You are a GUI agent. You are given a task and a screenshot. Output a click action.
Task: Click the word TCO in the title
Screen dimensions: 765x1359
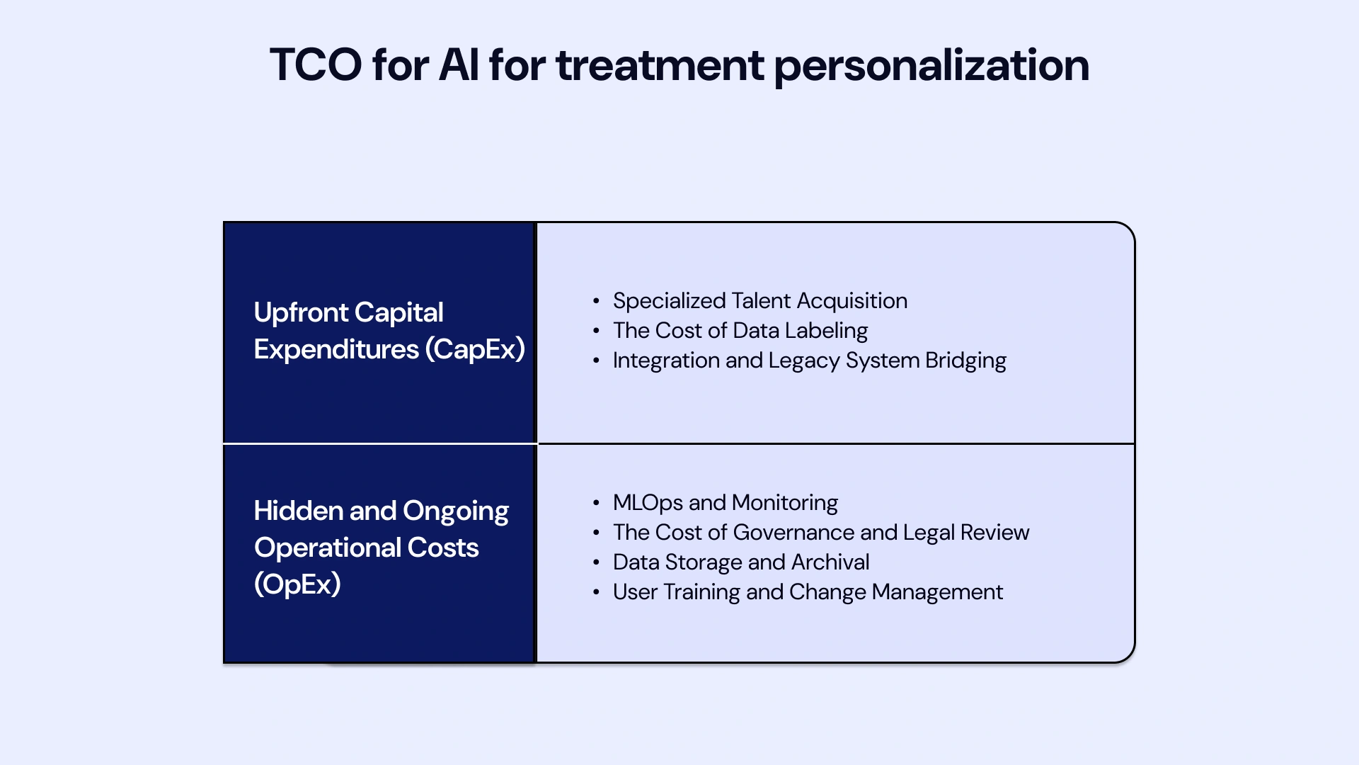pos(316,65)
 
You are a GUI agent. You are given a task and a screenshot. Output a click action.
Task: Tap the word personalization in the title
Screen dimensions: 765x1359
pos(931,65)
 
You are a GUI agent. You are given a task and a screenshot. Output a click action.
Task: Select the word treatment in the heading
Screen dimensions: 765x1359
pos(659,65)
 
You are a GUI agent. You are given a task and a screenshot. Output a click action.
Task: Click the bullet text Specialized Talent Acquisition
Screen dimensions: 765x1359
pos(759,301)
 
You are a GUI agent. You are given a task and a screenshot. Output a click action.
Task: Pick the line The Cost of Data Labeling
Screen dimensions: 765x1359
pos(740,331)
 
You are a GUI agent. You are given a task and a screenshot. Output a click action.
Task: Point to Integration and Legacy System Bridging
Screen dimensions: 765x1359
pos(809,361)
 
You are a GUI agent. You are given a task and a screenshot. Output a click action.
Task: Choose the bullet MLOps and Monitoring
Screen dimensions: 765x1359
pos(725,503)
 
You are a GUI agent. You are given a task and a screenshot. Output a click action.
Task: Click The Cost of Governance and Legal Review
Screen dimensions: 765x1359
pos(820,533)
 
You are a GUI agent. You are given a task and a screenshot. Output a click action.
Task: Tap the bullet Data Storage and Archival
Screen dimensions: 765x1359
pos(740,562)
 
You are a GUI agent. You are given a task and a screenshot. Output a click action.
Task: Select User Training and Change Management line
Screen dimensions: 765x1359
pos(808,592)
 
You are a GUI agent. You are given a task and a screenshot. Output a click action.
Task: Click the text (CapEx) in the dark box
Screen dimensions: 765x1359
pos(475,349)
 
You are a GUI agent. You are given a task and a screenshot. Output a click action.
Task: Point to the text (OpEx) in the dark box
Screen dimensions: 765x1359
pos(297,584)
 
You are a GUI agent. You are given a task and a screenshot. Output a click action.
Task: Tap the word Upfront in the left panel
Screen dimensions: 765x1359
pos(301,312)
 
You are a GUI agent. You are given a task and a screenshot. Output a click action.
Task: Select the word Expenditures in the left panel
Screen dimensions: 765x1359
pos(336,349)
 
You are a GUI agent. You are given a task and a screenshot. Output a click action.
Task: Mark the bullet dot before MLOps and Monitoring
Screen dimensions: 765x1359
pos(596,503)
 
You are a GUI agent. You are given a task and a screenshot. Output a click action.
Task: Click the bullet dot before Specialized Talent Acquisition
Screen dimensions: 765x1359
pos(596,301)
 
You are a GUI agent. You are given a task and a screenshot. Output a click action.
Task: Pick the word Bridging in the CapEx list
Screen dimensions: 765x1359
pos(965,361)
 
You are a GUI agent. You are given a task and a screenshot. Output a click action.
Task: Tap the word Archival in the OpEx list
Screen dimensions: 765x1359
pos(830,562)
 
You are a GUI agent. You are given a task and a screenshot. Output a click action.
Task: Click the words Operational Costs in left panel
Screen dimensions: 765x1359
pos(366,548)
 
